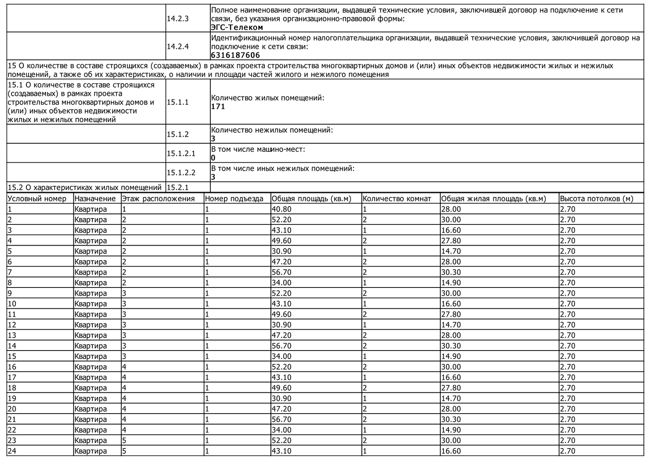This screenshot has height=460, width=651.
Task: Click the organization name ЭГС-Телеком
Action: [x=237, y=28]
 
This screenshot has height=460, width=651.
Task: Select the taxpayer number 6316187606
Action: [x=235, y=55]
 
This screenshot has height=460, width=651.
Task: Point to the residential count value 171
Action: [x=218, y=106]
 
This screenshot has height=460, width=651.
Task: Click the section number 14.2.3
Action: [x=178, y=19]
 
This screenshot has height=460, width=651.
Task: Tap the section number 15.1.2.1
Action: [x=181, y=153]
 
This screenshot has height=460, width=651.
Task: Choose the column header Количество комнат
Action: [x=397, y=198]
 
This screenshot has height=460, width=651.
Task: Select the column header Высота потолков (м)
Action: [x=597, y=198]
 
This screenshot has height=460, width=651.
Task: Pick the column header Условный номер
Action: [x=37, y=198]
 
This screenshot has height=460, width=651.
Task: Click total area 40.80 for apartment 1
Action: [x=281, y=209]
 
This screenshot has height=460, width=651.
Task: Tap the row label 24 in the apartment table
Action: [x=12, y=451]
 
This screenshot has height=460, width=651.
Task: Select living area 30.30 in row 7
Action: [x=451, y=272]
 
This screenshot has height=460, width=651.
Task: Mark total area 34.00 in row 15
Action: [x=281, y=356]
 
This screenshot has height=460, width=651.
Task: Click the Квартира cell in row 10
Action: [x=91, y=304]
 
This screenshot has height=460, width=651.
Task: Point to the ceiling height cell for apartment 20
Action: [x=568, y=409]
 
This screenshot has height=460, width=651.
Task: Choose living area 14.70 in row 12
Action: [x=451, y=325]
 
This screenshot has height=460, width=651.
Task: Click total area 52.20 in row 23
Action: [x=281, y=440]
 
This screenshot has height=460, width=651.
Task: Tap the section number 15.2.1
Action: [x=178, y=187]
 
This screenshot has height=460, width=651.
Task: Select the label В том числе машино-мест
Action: [x=258, y=149]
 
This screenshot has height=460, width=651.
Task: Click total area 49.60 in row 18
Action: [x=281, y=388]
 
